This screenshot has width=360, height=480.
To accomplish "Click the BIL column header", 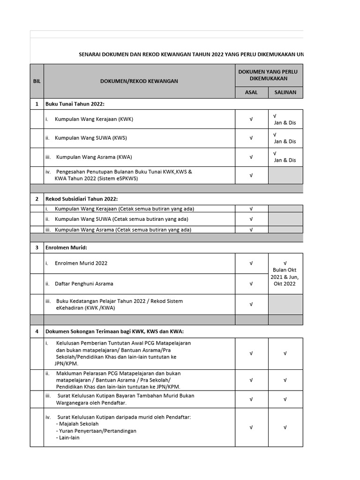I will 37,81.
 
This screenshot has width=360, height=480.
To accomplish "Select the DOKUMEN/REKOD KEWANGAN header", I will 139,81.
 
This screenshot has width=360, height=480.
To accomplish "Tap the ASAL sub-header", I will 251,92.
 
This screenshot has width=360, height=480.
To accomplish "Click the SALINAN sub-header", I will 285,92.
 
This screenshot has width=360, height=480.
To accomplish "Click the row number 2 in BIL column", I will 37,199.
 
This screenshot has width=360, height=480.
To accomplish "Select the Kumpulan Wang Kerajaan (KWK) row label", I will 94,119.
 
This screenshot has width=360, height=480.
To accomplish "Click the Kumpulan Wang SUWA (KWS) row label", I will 90,138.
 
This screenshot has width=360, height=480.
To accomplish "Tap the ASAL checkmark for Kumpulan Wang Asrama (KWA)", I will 251,157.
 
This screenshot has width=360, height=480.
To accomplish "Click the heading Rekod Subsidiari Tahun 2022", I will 81,199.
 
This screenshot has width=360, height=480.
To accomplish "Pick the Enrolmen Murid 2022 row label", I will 81,263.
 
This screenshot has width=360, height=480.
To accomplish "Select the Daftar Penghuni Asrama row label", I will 83,284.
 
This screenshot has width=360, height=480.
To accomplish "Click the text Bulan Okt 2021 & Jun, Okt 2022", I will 285,277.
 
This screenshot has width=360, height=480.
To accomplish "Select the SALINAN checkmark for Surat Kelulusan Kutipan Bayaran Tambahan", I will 285,399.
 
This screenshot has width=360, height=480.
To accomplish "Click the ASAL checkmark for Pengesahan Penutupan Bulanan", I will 251,175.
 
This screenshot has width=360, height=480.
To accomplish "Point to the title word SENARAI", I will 89,54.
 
